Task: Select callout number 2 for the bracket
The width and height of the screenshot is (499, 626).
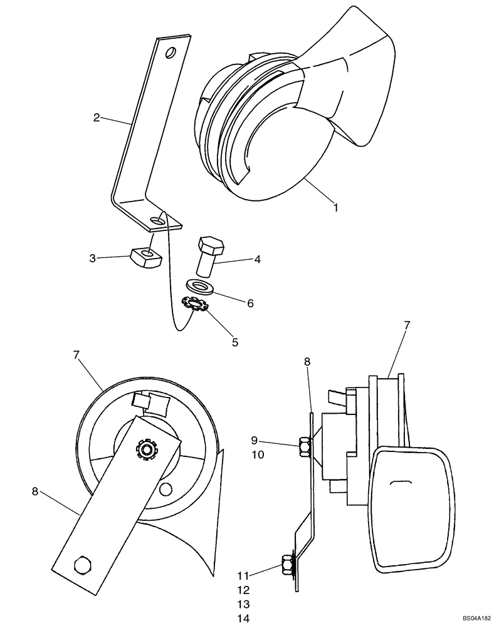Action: point(97,117)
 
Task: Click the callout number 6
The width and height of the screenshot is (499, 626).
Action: point(249,303)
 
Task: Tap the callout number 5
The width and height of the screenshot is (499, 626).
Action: point(234,342)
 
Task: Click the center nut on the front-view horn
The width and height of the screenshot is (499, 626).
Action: point(147,449)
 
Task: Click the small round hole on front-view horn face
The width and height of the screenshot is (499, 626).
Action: point(165,488)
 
